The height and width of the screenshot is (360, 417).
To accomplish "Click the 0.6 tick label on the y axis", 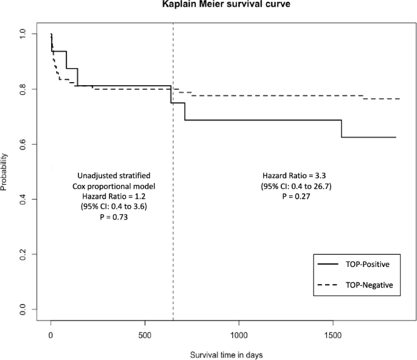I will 23,144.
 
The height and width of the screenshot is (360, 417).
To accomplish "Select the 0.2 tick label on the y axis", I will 23,254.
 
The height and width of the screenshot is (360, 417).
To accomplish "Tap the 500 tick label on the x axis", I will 145,334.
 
